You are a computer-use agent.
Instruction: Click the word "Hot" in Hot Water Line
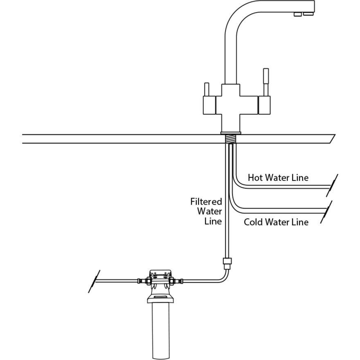point(255,178)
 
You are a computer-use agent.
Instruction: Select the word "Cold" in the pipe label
point(253,222)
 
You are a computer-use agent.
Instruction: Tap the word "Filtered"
point(206,202)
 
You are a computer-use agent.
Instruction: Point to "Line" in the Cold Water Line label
point(299,222)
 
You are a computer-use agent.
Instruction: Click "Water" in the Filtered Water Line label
point(209,211)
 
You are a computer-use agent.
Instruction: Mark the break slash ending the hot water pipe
point(334,183)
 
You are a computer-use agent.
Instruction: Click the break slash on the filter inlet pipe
point(94,281)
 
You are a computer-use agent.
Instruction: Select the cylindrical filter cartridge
point(160,327)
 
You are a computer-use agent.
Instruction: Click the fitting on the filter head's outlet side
point(178,281)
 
